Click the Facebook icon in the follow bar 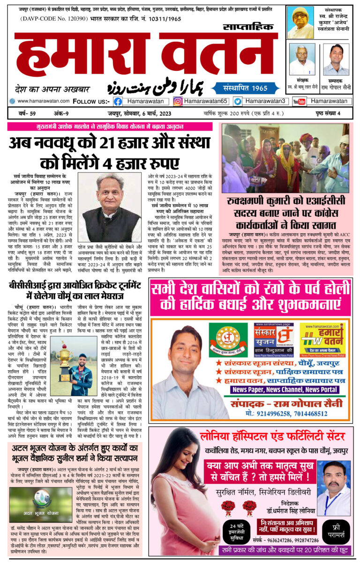coord(118,101)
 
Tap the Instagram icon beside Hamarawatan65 coord(178,101)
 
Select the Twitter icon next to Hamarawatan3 coord(238,101)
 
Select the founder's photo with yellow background coord(300,23)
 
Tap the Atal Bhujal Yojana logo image coord(41,505)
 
